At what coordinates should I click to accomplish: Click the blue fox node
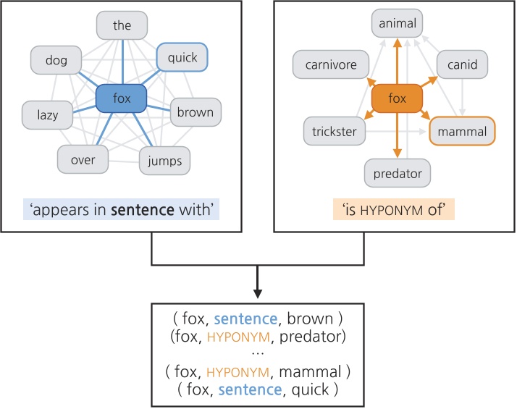click(122, 98)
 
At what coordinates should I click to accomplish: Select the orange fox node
click(397, 98)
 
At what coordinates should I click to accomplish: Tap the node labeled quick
click(182, 58)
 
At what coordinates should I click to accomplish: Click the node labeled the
click(122, 25)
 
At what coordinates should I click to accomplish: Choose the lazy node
click(49, 114)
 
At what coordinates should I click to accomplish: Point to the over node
click(83, 159)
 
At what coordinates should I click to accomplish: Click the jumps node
click(166, 159)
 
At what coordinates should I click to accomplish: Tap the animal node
click(397, 24)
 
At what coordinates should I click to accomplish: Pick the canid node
click(462, 65)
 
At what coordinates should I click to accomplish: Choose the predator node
click(397, 174)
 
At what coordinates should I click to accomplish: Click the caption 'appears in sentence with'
click(122, 210)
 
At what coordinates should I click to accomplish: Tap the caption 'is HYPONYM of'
click(397, 210)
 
